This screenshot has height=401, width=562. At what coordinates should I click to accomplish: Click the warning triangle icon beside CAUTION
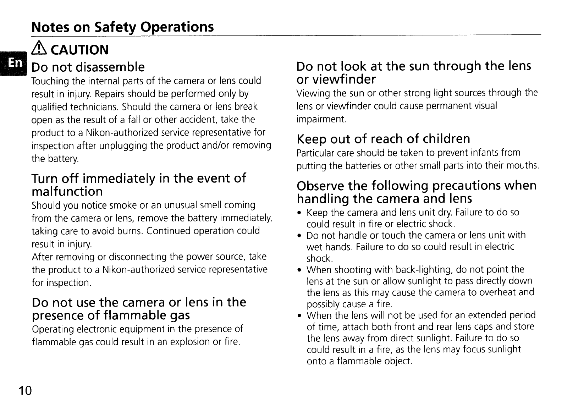tap(39, 49)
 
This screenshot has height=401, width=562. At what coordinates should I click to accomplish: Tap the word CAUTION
tap(80, 50)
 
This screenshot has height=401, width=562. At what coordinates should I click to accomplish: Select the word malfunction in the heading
tap(67, 192)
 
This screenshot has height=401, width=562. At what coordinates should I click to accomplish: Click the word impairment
tap(321, 119)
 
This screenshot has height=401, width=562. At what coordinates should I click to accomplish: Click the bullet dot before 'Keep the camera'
tap(300, 213)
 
